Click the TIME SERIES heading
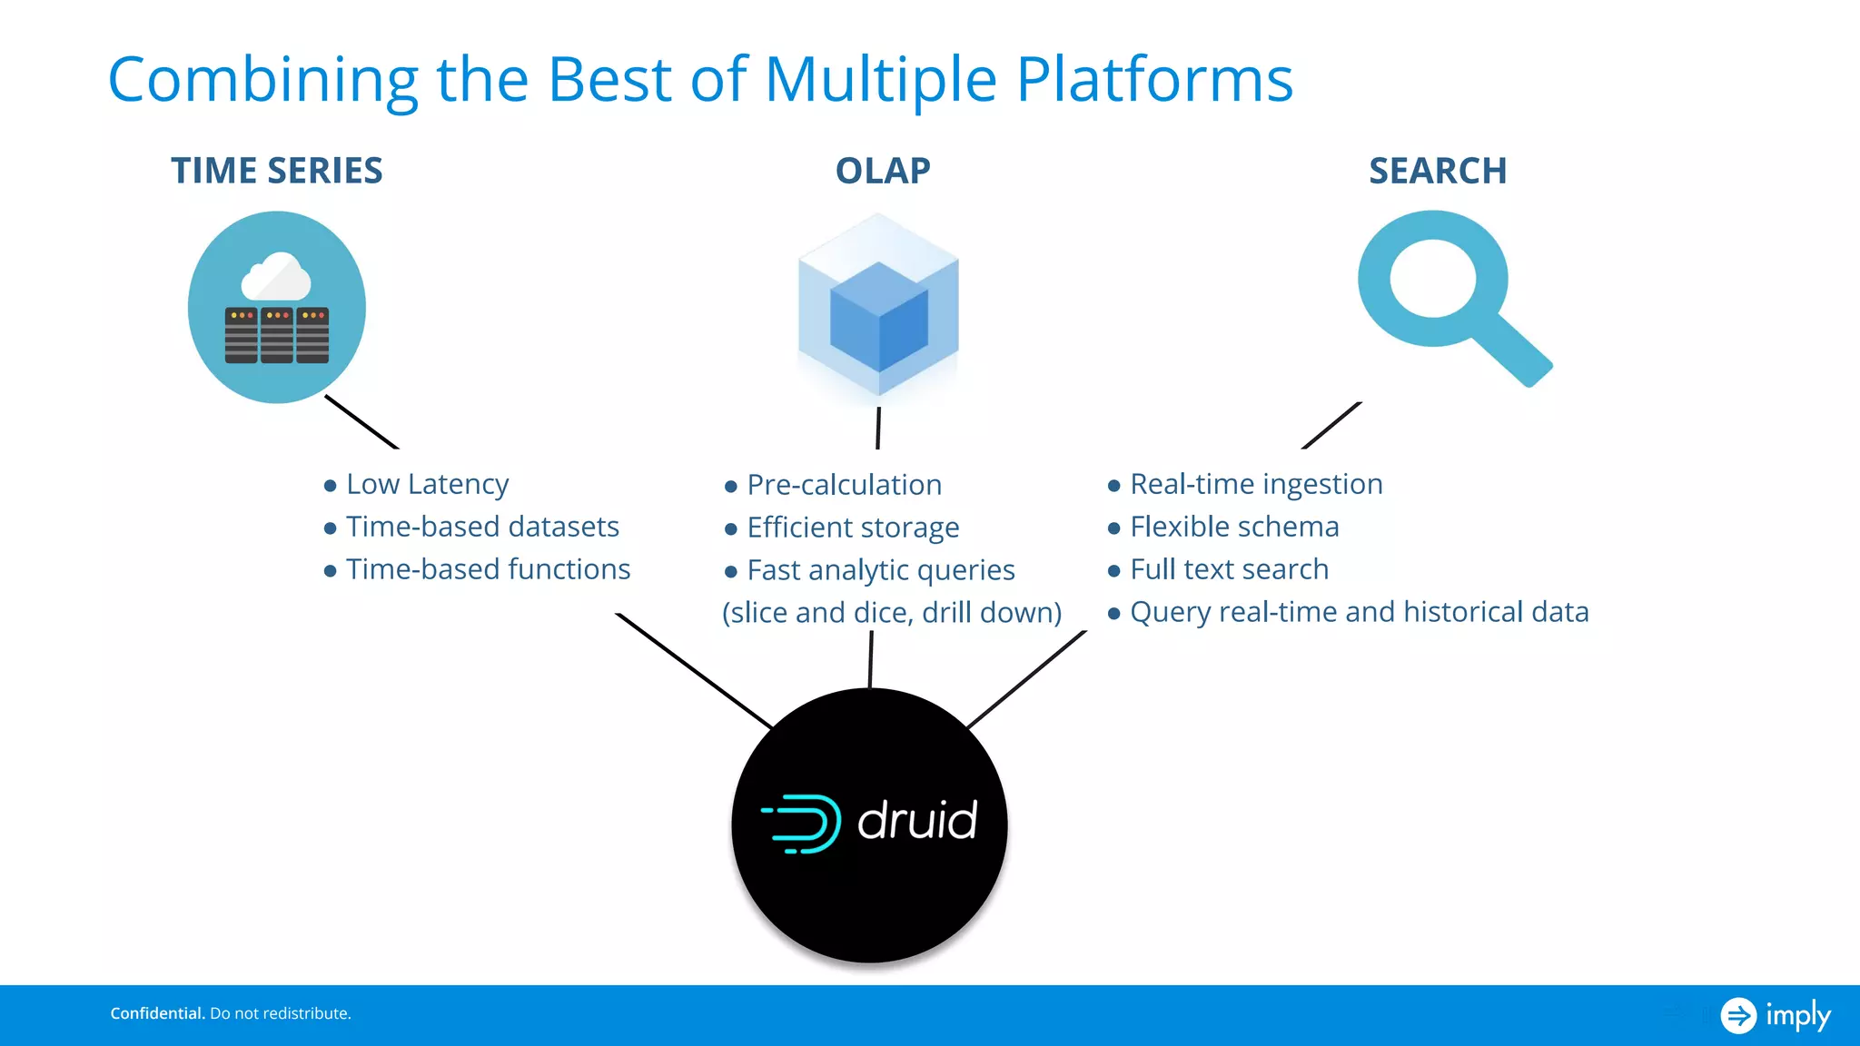tap(277, 171)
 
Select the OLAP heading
tap(883, 171)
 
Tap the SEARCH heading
tap(1438, 171)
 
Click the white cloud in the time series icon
tap(276, 278)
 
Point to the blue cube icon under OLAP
tap(878, 309)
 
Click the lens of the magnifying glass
tap(1432, 278)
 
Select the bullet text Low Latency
tap(427, 484)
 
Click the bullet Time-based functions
tap(488, 569)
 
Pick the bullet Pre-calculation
tap(844, 485)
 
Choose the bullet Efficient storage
tap(853, 528)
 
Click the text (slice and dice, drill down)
tap(892, 613)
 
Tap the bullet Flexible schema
tap(1234, 527)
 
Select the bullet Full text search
tap(1229, 569)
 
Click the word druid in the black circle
tap(917, 821)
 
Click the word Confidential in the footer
tap(157, 1013)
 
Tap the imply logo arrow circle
tap(1738, 1015)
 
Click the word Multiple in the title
tap(880, 80)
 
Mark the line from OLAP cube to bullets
tap(878, 428)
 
